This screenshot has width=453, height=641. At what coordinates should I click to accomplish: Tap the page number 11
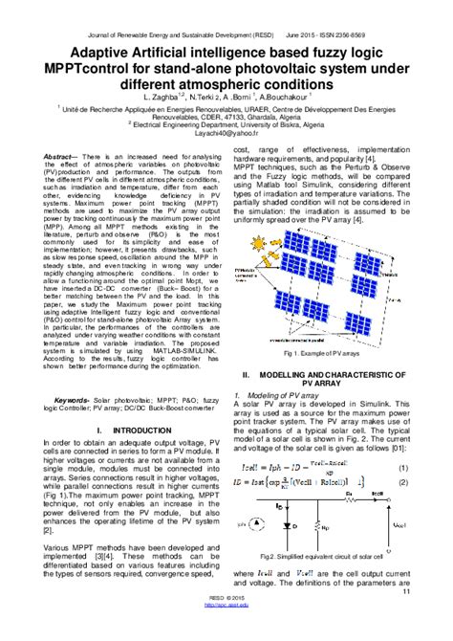pos(432,593)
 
